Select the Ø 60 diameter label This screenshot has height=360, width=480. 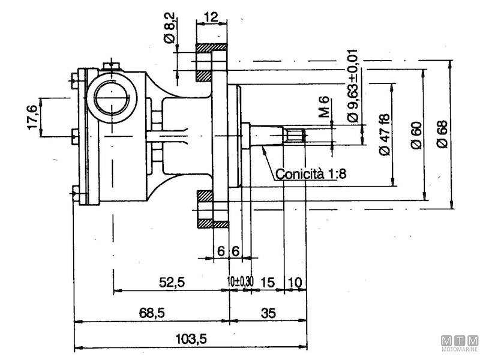click(x=416, y=134)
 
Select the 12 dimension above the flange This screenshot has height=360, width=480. click(x=211, y=17)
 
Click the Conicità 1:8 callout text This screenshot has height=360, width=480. click(x=312, y=175)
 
